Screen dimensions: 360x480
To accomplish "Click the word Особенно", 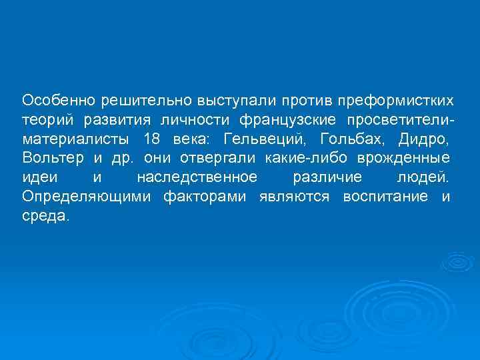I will point(59,101).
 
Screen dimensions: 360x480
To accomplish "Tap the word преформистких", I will point(396,101).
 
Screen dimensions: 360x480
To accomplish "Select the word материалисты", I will point(73,139).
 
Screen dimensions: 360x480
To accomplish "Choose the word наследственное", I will point(197,178).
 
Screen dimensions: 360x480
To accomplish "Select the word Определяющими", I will point(83,197).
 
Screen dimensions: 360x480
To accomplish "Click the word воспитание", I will point(385,197).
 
